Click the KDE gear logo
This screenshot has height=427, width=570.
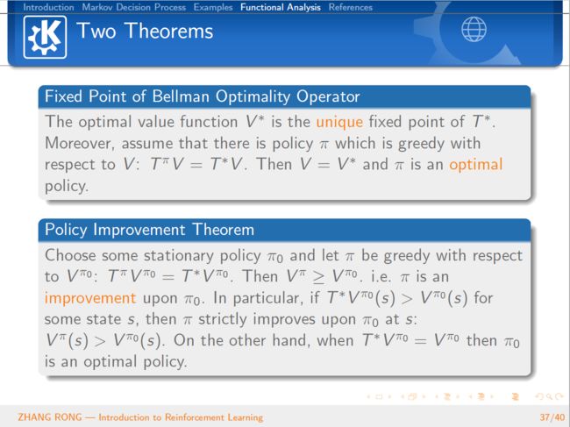[45, 37]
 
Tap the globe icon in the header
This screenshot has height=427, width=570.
[474, 30]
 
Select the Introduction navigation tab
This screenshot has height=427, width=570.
[48, 7]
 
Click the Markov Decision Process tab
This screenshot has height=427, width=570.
[134, 7]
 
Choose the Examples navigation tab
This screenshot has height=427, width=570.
[213, 7]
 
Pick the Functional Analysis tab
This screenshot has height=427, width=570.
[281, 7]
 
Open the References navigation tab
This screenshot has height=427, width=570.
[351, 7]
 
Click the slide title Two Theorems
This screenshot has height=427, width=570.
[145, 31]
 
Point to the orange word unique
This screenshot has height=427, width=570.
[339, 122]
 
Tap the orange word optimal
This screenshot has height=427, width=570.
[476, 165]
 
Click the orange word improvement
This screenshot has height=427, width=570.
[90, 298]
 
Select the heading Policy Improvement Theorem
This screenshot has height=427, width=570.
[149, 230]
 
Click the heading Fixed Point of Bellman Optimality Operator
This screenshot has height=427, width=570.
[202, 96]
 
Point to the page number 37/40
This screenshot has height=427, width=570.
[552, 417]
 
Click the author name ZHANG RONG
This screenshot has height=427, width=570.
[50, 417]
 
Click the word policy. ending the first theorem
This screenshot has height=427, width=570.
[67, 187]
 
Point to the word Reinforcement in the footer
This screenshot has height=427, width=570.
[194, 417]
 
